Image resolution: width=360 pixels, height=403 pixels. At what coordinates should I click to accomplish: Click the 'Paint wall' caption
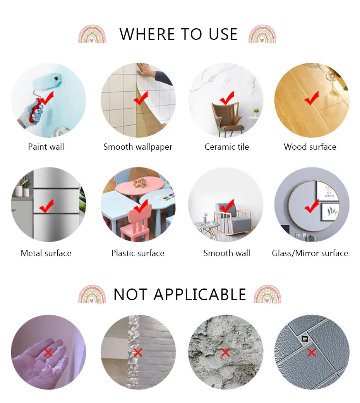click(x=46, y=147)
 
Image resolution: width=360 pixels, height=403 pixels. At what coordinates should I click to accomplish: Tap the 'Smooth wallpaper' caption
click(x=138, y=147)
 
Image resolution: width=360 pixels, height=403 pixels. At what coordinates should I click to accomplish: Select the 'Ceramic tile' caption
click(x=227, y=147)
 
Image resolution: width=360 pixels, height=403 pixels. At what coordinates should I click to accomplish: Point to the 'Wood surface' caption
click(x=310, y=147)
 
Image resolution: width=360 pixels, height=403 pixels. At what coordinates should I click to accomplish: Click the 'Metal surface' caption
click(x=46, y=253)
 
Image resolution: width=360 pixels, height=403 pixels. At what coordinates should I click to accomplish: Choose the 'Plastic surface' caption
click(x=138, y=253)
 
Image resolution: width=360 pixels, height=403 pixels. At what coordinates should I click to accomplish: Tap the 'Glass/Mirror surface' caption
click(x=310, y=253)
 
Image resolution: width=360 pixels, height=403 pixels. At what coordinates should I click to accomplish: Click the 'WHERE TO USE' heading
click(x=178, y=34)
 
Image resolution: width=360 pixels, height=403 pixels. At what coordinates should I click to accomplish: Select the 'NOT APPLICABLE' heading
click(x=180, y=295)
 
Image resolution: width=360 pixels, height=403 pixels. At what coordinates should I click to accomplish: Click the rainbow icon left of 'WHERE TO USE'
click(x=92, y=34)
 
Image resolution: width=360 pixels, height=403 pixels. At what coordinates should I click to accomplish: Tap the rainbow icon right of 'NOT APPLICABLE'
click(x=267, y=294)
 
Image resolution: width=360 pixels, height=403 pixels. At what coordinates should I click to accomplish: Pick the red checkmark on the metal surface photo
click(x=46, y=206)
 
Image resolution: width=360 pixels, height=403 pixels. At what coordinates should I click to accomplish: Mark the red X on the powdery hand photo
click(x=48, y=352)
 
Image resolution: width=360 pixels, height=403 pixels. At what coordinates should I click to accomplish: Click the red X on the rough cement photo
click(x=225, y=352)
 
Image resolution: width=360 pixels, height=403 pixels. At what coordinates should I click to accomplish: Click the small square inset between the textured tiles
click(x=304, y=339)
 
